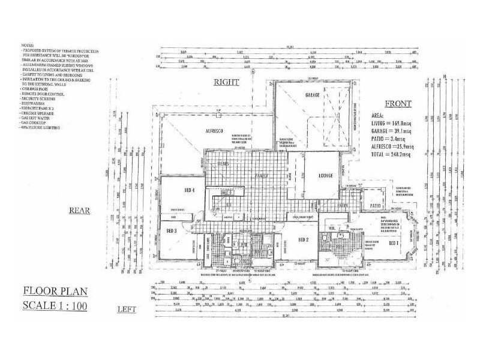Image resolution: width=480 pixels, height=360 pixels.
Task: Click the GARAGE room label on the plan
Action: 312,95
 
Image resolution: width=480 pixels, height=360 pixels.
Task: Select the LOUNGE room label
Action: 325,175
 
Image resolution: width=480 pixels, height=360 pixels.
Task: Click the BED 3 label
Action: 171,230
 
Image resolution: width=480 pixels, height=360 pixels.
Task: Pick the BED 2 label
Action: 303,239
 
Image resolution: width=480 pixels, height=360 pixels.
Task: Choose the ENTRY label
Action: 343,206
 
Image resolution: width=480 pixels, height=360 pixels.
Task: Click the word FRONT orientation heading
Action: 398,104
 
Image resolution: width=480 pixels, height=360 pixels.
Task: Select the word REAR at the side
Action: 79,211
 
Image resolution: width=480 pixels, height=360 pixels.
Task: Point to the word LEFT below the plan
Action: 127,310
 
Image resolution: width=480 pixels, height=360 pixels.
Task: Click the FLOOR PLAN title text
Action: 55,292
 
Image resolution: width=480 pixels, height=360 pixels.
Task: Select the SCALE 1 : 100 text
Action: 55,305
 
